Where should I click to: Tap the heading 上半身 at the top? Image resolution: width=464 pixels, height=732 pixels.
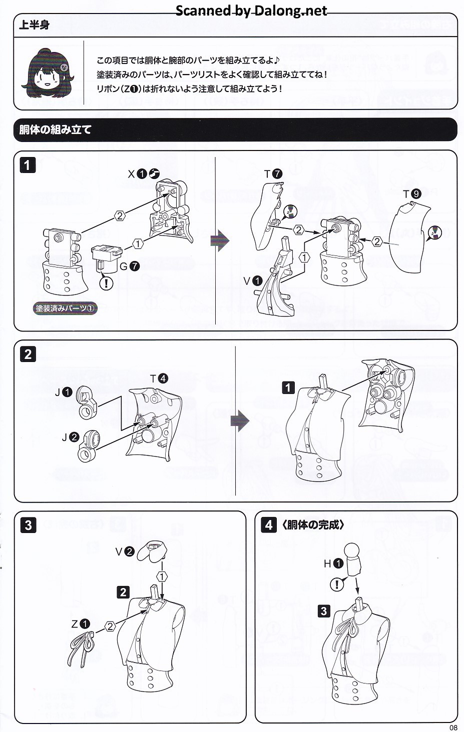tap(34, 25)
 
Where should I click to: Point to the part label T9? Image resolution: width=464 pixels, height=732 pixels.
tap(412, 193)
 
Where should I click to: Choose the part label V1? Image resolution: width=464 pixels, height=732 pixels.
tap(253, 281)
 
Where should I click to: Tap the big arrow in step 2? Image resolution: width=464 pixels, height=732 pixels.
tap(240, 420)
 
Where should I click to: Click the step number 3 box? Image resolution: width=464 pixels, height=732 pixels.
tap(28, 525)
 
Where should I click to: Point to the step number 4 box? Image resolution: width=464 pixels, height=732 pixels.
tap(269, 525)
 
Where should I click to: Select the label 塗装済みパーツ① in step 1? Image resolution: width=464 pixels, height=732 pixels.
tap(65, 308)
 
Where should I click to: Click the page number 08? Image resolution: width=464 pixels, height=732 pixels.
tap(453, 727)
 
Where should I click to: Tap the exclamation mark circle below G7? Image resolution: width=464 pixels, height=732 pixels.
tap(107, 283)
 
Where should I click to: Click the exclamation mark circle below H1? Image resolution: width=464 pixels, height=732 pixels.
tap(337, 583)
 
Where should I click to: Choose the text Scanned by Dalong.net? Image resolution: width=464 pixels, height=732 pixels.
tap(251, 10)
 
